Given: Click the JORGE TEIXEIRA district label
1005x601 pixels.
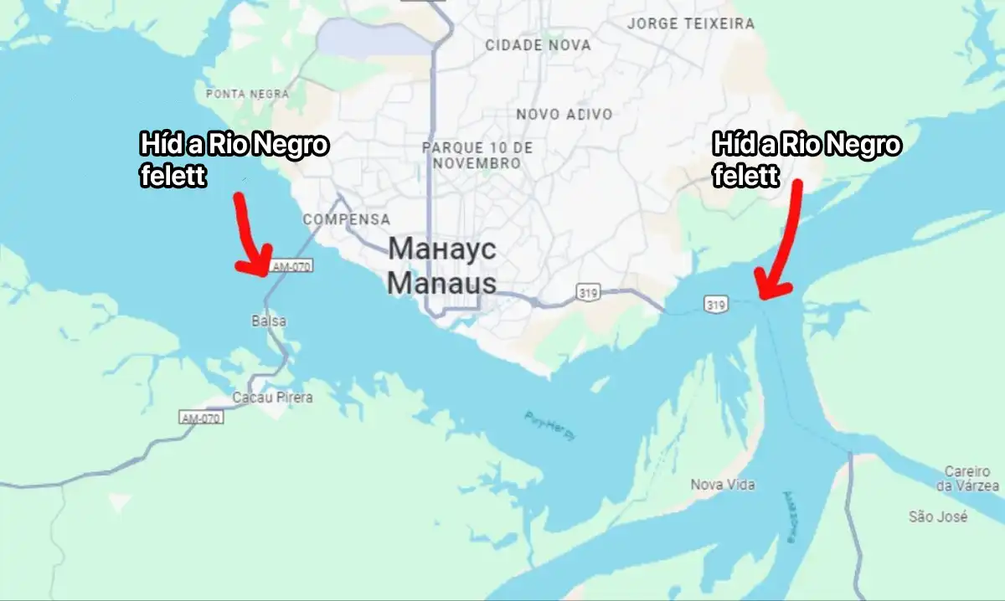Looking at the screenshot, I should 690,23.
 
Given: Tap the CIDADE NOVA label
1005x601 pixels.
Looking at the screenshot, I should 538,45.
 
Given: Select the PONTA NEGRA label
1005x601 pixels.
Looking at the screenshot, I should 247,95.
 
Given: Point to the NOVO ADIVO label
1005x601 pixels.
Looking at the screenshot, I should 564,114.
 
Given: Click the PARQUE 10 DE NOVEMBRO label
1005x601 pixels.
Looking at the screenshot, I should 477,155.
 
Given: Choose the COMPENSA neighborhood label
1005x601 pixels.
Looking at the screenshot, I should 346,219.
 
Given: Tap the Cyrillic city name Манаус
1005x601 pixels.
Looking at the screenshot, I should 442,249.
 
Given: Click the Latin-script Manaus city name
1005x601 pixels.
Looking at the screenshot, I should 441,283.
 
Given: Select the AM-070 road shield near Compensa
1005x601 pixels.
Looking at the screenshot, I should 291,267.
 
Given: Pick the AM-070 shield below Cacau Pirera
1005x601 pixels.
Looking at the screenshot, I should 202,417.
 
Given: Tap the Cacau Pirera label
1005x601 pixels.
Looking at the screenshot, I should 272,398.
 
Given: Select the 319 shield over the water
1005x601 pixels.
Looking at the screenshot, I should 714,304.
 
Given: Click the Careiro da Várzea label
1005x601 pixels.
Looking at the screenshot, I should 966,478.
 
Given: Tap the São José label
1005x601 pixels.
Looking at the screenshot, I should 938,517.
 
